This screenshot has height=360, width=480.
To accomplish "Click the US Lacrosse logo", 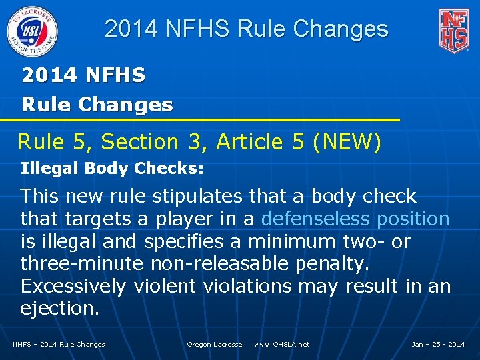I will [32, 31].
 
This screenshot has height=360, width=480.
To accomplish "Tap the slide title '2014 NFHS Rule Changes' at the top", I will [246, 29].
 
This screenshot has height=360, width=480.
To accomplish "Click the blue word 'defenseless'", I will [316, 219].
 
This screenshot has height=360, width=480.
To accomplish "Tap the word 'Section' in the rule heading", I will [139, 142].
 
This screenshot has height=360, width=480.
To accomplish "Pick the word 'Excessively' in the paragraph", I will [73, 286].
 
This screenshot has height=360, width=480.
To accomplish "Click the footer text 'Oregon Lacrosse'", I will [214, 345].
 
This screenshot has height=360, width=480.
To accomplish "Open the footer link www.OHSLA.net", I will [281, 345].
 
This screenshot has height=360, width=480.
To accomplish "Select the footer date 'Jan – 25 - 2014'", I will [438, 345].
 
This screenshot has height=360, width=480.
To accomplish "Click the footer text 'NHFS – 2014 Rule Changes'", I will [59, 345].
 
